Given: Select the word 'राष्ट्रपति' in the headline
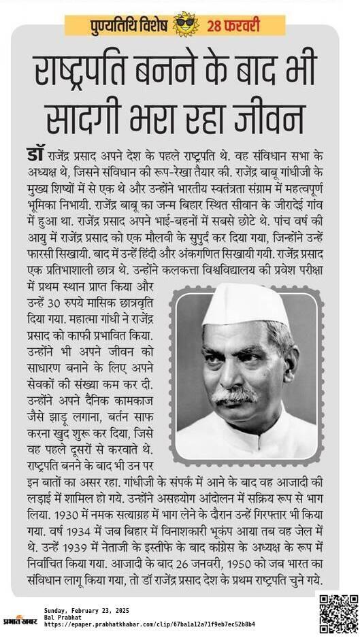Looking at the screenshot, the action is (x=91, y=73).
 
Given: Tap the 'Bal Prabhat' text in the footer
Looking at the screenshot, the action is (x=62, y=618).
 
